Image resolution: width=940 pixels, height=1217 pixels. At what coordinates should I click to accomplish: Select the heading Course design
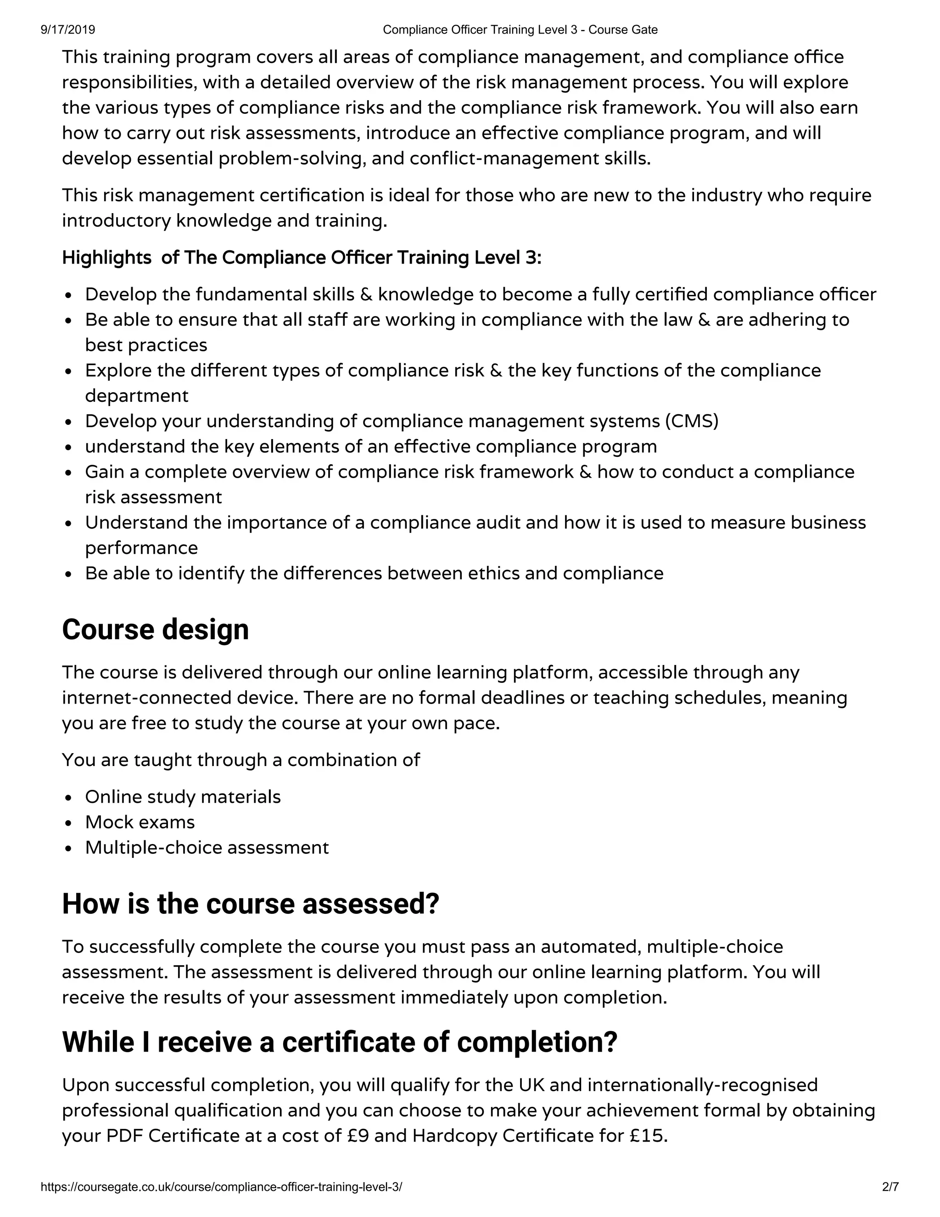(x=156, y=630)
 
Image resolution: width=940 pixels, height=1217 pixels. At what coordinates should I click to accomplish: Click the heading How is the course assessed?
(x=251, y=904)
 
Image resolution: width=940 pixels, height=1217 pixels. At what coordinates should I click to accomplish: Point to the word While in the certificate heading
(x=98, y=1042)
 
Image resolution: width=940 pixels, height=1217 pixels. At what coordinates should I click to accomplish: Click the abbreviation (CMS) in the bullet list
(x=692, y=421)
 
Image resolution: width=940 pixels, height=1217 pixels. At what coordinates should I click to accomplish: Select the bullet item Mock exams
(x=140, y=823)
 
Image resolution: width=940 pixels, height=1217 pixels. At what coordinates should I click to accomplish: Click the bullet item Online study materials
(x=183, y=797)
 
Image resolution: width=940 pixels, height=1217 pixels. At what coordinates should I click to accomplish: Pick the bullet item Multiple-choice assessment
(x=207, y=848)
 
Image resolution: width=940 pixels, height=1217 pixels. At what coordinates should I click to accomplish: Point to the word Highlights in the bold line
(x=106, y=258)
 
